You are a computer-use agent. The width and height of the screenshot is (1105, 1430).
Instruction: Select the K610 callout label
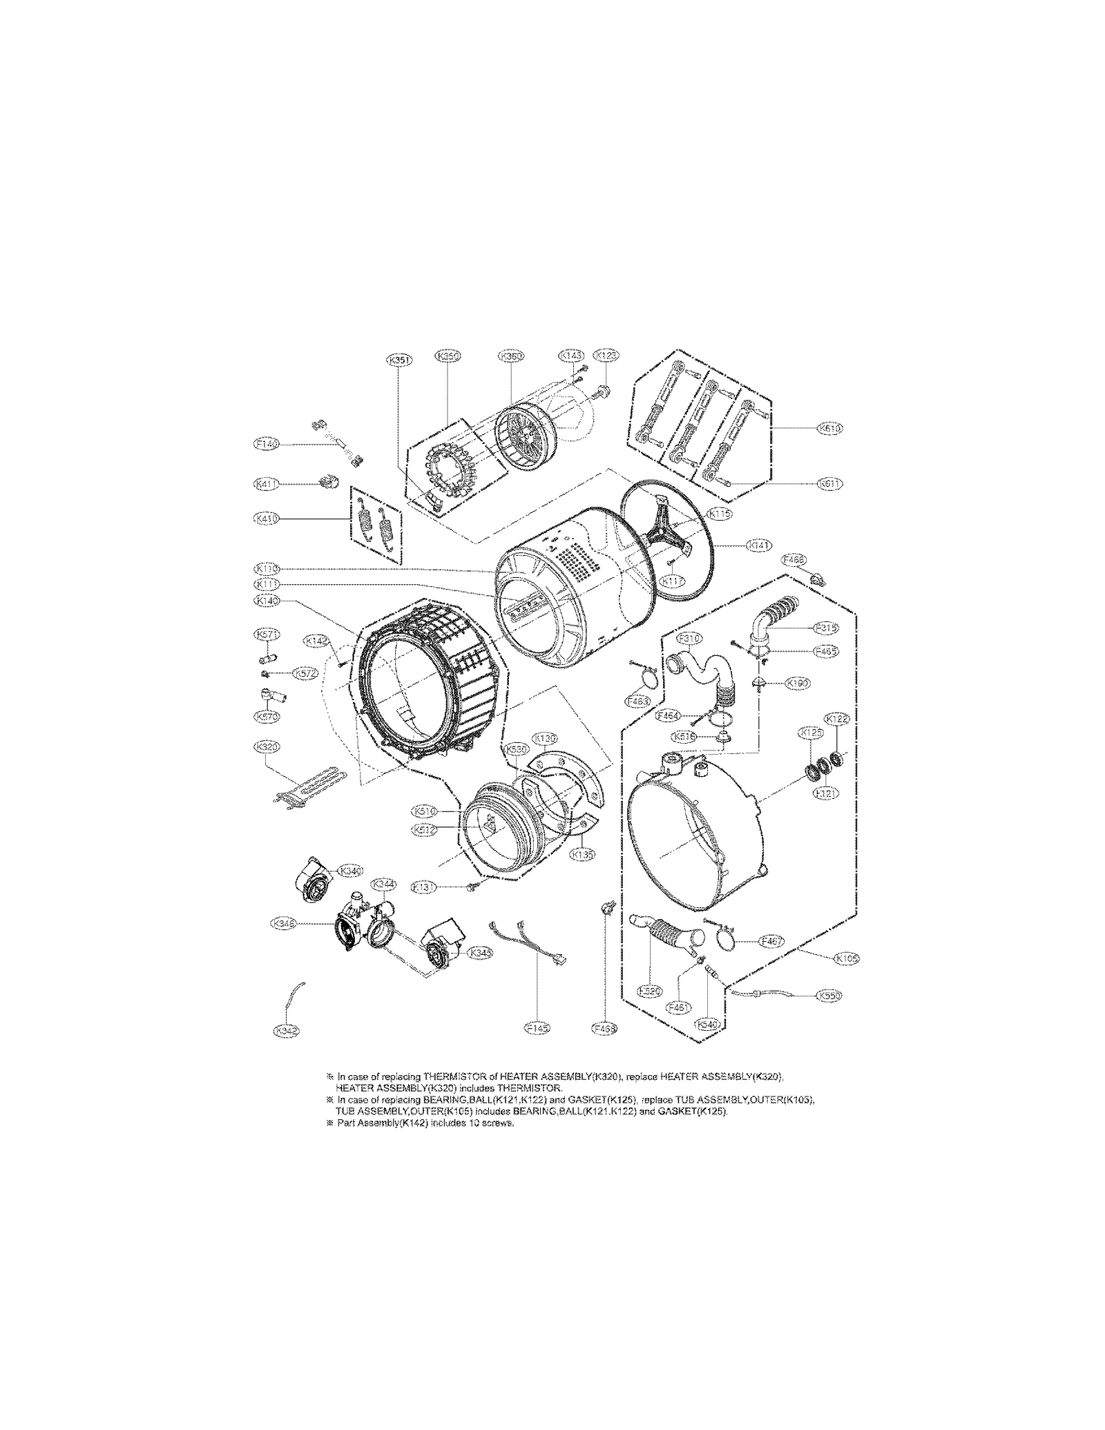(x=829, y=428)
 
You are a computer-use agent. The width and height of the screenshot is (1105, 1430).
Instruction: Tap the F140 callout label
(x=267, y=445)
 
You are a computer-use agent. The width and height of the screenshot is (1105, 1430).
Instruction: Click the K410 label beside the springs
(x=267, y=518)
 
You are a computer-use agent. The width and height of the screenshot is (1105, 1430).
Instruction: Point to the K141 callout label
(x=760, y=545)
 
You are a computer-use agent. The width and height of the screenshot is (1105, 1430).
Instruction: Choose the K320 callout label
(x=267, y=747)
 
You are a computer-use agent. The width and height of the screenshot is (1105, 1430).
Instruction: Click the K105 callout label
(x=847, y=958)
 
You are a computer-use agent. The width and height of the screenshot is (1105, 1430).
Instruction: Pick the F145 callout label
(x=537, y=1047)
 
